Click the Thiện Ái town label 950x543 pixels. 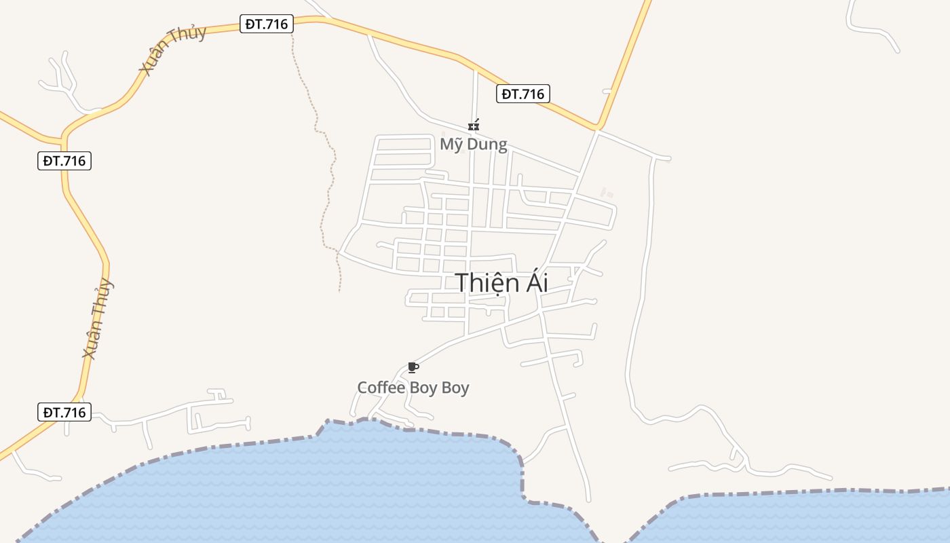[501, 282]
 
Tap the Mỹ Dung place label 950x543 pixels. [473, 144]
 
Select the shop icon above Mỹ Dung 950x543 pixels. [474, 126]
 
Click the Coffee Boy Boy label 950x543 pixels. [413, 388]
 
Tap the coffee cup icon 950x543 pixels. [413, 368]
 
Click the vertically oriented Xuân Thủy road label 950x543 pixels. [97, 318]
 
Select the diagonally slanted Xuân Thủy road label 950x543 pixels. [172, 50]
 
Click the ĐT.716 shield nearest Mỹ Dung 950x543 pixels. [522, 94]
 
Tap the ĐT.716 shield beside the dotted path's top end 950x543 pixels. [267, 24]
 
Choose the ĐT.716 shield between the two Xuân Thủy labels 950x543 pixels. [64, 161]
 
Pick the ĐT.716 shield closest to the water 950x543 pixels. [64, 412]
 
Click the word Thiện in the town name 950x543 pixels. [482, 282]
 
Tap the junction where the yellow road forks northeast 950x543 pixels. [597, 126]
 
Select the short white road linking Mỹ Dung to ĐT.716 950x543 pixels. [475, 95]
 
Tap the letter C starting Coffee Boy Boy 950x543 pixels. [362, 388]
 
